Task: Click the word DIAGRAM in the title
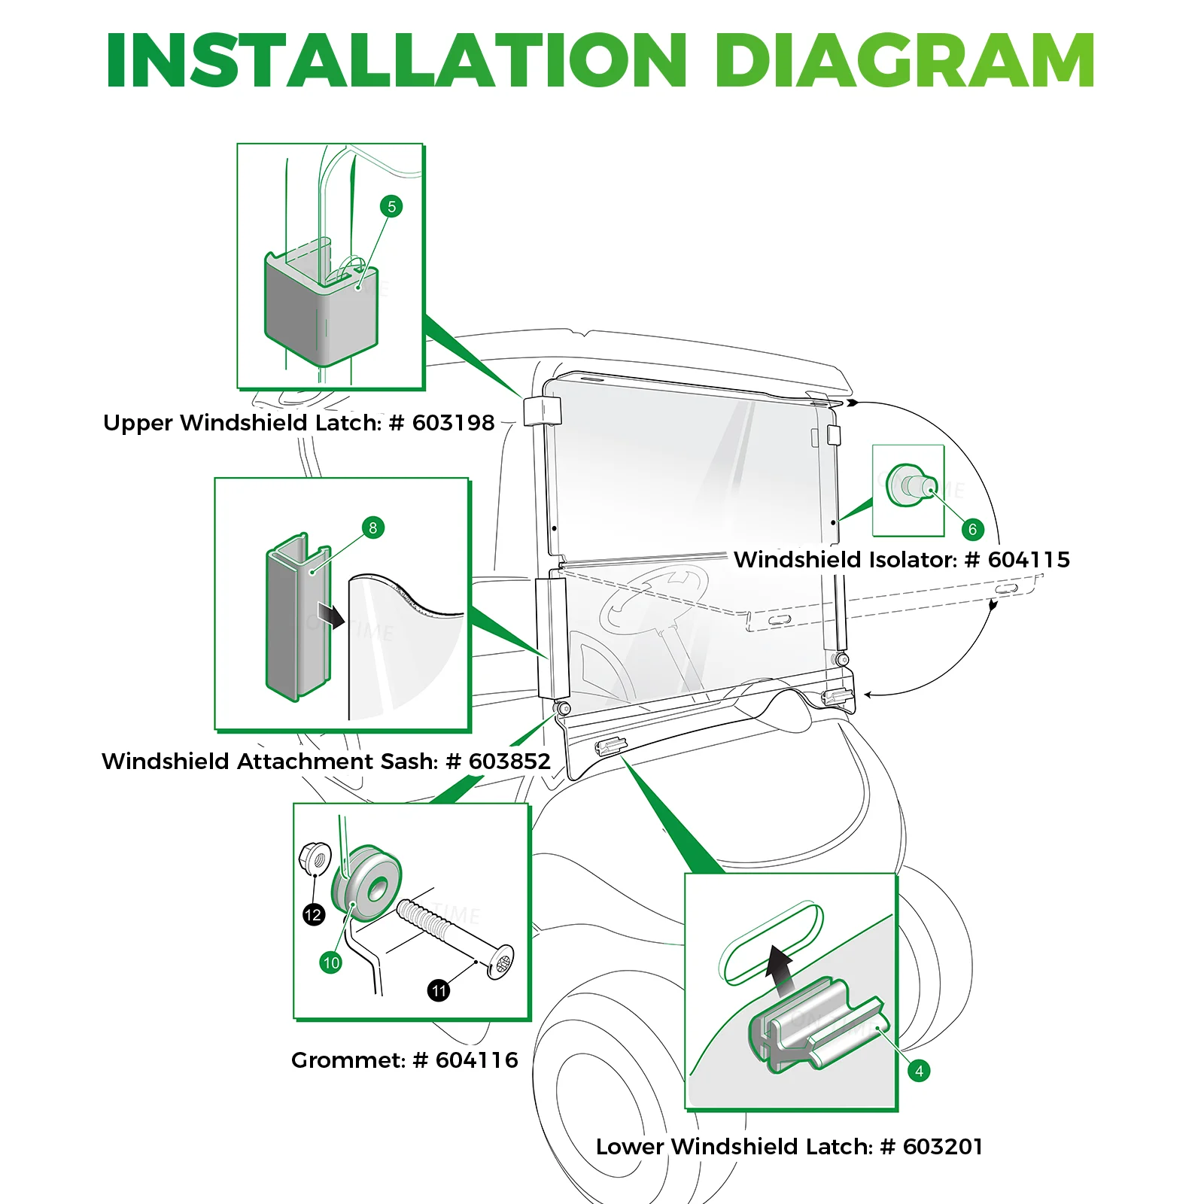(x=904, y=60)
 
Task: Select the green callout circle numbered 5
(x=391, y=206)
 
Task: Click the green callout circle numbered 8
(x=372, y=528)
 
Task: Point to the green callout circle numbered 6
(x=972, y=529)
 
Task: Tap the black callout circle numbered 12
(x=313, y=915)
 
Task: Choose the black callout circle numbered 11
(x=439, y=990)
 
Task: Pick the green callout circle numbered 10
(x=331, y=962)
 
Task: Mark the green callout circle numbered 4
(x=919, y=1071)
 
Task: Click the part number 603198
(x=453, y=423)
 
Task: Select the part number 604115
(x=1029, y=560)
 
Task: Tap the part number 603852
(x=509, y=762)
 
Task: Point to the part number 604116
(x=477, y=1060)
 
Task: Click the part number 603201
(x=943, y=1147)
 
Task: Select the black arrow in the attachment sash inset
(x=330, y=614)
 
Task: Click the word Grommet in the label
(x=348, y=1060)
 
